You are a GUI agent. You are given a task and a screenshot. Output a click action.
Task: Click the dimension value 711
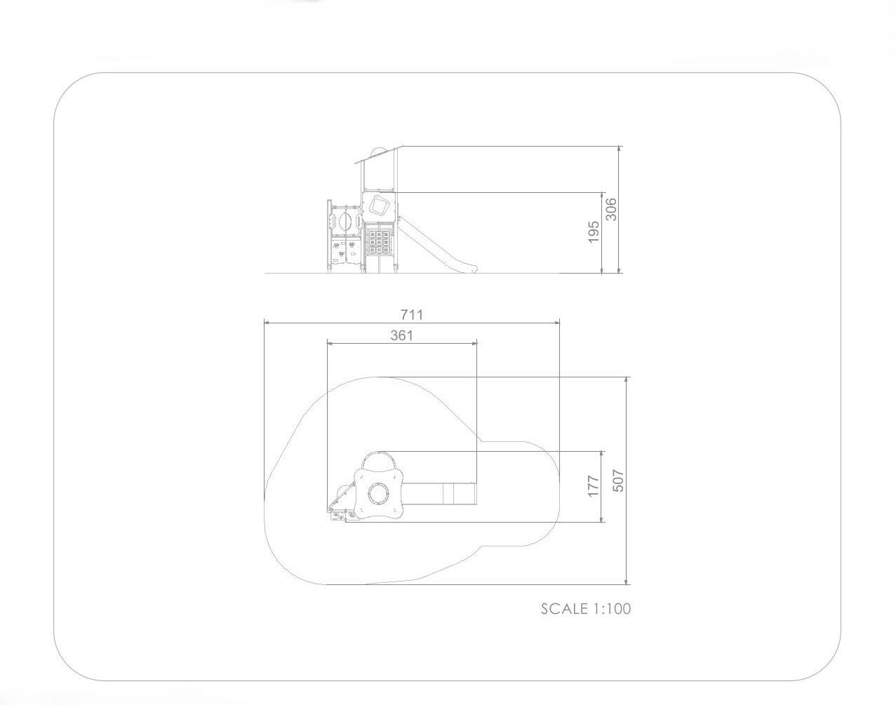click(412, 315)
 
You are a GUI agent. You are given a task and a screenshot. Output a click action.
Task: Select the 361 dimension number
click(402, 335)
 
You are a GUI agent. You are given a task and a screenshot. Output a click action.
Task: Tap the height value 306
click(611, 210)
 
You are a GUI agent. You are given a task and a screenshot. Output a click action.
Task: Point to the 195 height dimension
click(594, 232)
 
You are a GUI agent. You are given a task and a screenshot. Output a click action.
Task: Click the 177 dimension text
click(594, 486)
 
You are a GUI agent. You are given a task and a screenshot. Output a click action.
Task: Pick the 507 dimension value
click(619, 481)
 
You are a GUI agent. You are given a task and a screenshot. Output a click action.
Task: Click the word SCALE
click(564, 609)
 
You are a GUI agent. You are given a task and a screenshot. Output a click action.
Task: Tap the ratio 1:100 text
click(612, 609)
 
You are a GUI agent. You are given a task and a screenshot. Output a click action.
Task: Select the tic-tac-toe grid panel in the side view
click(379, 242)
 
